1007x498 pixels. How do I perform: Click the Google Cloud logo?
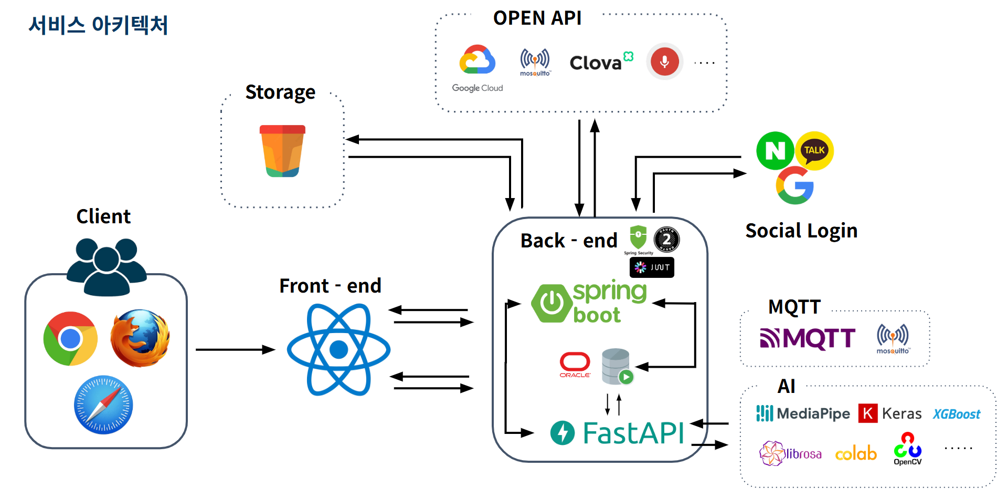477,60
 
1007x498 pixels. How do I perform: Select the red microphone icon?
664,61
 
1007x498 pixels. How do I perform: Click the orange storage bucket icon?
282,151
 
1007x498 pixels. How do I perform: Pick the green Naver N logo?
775,151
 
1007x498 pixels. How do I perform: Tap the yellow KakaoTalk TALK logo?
814,150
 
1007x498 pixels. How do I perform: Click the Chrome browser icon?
70,339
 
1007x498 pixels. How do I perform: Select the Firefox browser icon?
140,338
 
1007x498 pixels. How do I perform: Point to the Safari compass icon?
103,404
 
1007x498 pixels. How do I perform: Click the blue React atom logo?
338,349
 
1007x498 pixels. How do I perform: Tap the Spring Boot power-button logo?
551,303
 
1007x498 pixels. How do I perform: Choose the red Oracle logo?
575,364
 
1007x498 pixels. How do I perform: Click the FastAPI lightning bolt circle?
563,433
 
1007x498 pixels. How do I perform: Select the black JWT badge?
652,267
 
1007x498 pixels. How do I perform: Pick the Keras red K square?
867,413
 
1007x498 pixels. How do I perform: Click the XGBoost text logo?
956,414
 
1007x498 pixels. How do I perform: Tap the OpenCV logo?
907,449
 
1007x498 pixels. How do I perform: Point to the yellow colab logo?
856,453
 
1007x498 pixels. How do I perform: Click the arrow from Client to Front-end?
235,349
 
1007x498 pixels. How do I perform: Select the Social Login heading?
801,231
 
